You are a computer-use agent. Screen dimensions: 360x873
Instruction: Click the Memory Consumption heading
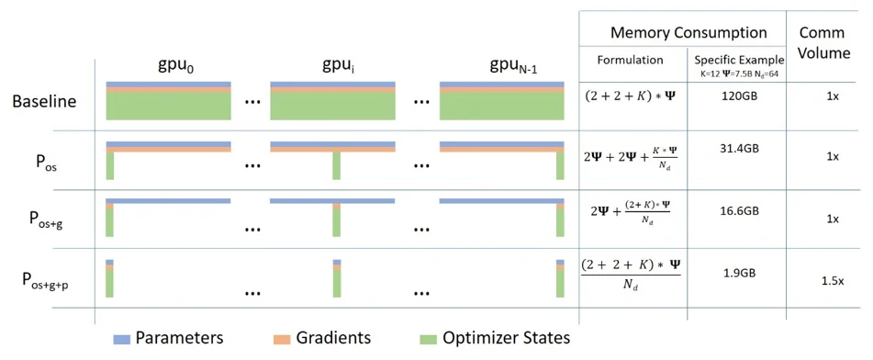(688, 32)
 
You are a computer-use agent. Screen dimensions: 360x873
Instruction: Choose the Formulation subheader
(630, 60)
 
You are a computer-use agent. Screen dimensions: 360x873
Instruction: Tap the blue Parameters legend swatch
(122, 339)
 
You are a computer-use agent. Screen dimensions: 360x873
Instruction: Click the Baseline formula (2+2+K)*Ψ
(630, 94)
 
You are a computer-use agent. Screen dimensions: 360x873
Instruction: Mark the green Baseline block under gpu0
(167, 107)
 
